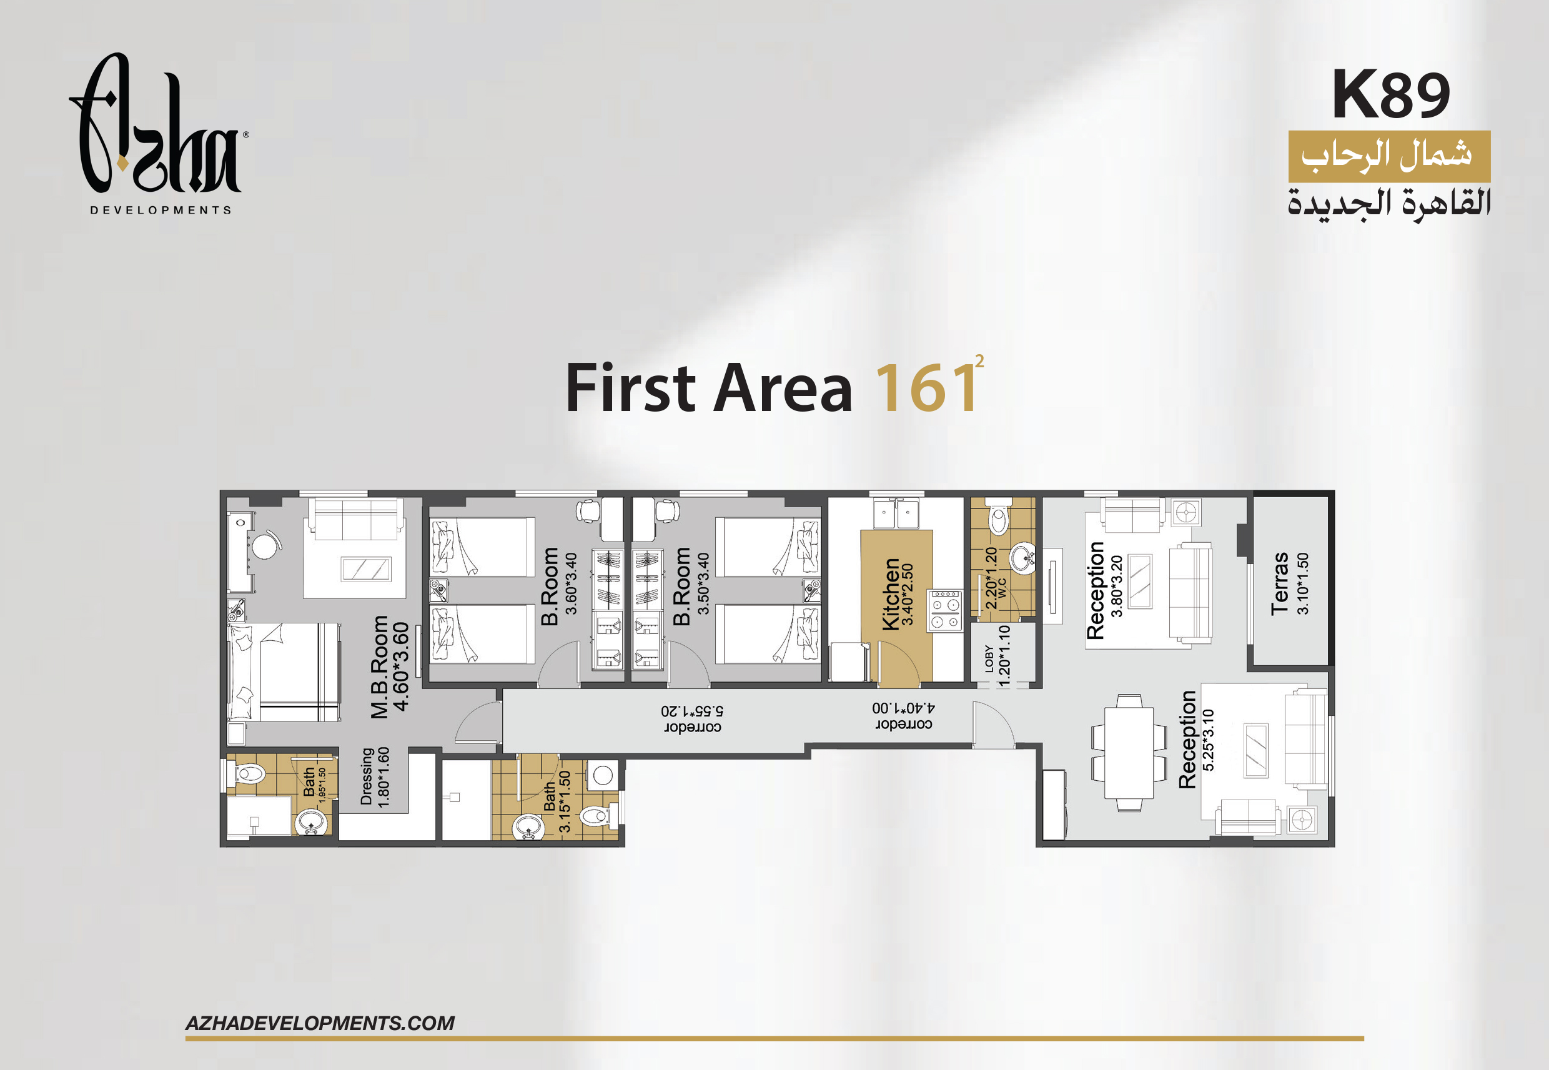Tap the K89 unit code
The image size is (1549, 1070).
point(1390,94)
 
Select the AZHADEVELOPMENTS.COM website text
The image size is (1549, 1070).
point(320,1023)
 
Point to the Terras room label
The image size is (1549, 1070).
point(1280,583)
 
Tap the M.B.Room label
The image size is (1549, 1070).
point(379,667)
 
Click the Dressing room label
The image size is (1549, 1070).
point(366,776)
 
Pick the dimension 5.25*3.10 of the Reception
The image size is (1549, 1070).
point(1208,740)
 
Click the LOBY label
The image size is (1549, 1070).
point(989,658)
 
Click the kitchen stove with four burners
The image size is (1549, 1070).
point(945,611)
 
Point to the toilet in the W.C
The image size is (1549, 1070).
point(999,513)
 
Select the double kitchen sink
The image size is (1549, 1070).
point(896,515)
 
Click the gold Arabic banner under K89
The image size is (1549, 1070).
point(1390,156)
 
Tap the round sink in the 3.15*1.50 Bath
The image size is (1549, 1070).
point(528,826)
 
